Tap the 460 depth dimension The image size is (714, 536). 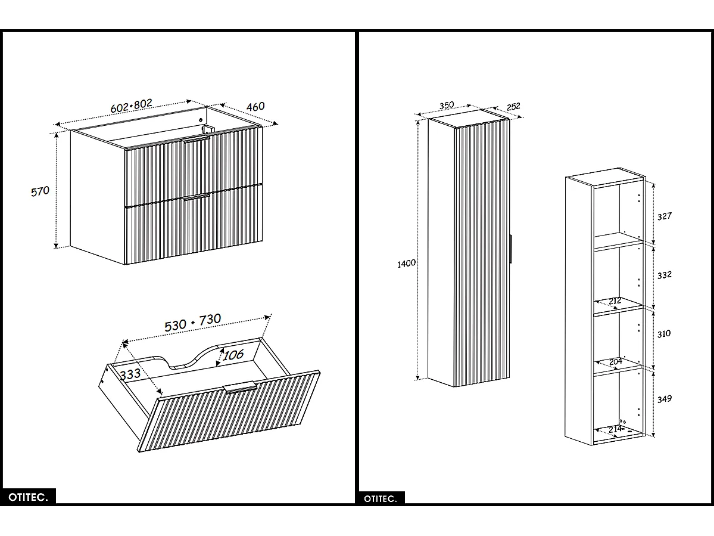pos(255,107)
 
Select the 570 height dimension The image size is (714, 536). pos(40,191)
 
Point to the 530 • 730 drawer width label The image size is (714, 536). pos(192,322)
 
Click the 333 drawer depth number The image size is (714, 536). pos(130,374)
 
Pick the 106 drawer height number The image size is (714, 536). pos(233,355)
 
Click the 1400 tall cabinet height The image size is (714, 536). pos(407,263)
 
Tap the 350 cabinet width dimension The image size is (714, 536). pos(447,106)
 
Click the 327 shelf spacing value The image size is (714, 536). pos(664,216)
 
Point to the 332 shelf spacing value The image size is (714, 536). pos(664,275)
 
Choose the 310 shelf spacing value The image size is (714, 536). pos(664,333)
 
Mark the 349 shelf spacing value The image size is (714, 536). pos(664,398)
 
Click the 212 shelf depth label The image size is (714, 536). pos(615,301)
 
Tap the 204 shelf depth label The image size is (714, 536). pos(615,361)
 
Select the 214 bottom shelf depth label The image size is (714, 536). pos(615,429)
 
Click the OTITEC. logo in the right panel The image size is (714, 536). pos(381,498)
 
